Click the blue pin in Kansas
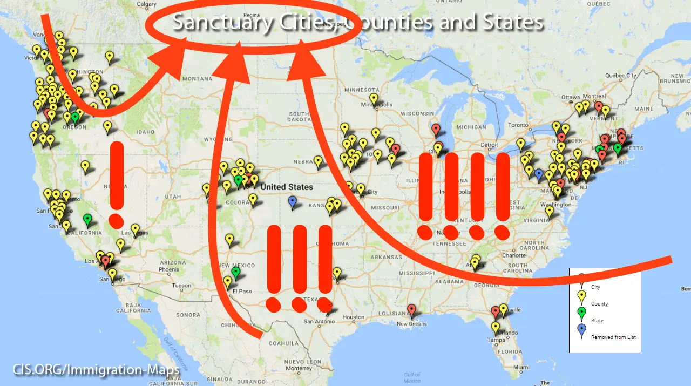click(x=293, y=201)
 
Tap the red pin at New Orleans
click(x=412, y=310)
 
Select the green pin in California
click(x=87, y=219)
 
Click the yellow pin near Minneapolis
click(x=374, y=99)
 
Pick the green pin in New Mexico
click(x=236, y=272)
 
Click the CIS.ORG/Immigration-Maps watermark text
click(x=96, y=370)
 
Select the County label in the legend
click(x=599, y=304)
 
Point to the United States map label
click(x=287, y=187)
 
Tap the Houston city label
click(x=354, y=317)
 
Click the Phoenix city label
click(x=169, y=269)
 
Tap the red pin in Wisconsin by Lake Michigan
click(x=436, y=128)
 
